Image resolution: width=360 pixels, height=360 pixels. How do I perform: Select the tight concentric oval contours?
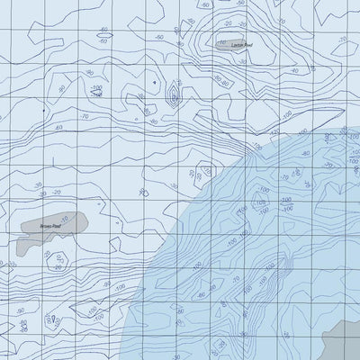coord(171,101)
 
